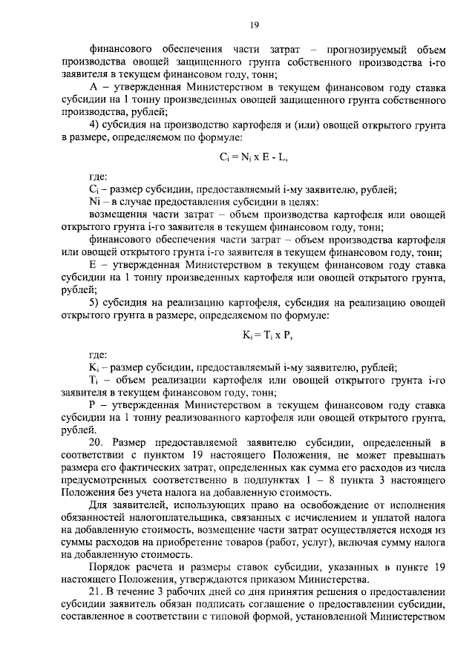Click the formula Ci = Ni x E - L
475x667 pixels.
coord(253,158)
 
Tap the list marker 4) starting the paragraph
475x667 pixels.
coord(95,122)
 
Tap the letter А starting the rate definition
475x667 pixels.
coord(93,87)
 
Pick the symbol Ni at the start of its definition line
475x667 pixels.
coord(95,201)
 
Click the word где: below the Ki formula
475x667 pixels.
coord(98,355)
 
